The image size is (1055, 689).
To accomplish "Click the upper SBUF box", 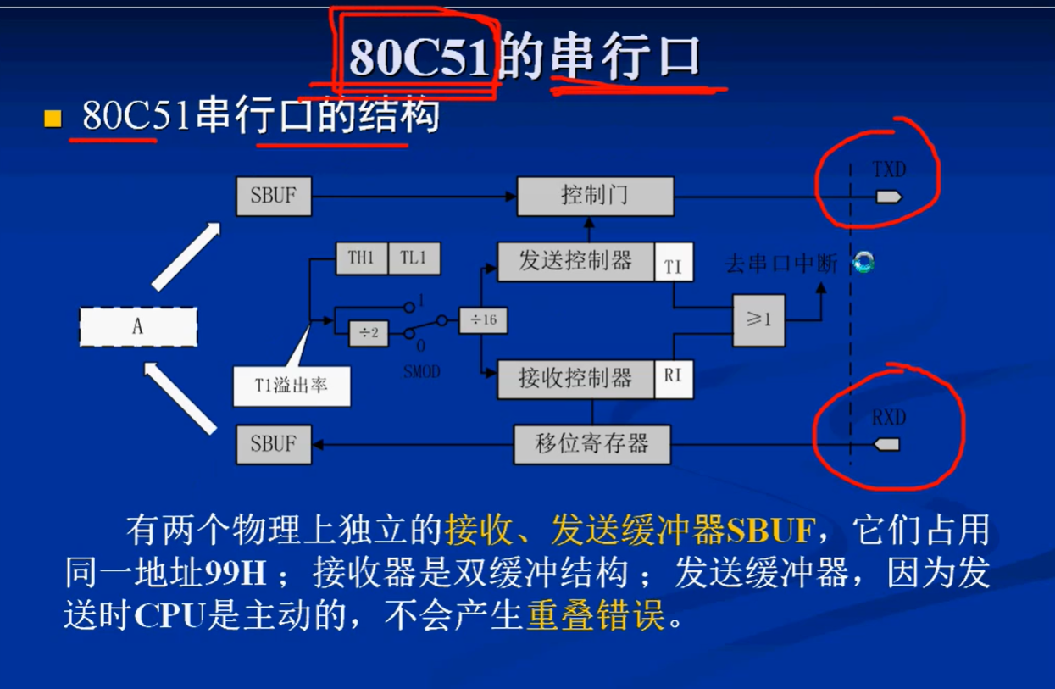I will pyautogui.click(x=274, y=196).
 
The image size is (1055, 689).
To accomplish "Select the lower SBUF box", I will pyautogui.click(x=274, y=444).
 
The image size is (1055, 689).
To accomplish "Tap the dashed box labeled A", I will pyautogui.click(x=138, y=327).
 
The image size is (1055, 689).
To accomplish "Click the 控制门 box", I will pyautogui.click(x=595, y=196).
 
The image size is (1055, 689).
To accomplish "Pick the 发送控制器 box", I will pyautogui.click(x=575, y=262).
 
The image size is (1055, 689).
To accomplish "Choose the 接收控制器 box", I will pyautogui.click(x=575, y=379).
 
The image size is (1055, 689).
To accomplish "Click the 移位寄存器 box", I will pyautogui.click(x=591, y=444).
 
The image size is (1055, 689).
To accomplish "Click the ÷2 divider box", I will pyautogui.click(x=369, y=333).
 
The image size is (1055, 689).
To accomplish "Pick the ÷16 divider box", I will pyautogui.click(x=483, y=320).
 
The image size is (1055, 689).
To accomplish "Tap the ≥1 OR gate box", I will pyautogui.click(x=758, y=320).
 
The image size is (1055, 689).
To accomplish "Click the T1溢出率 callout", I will pyautogui.click(x=292, y=386).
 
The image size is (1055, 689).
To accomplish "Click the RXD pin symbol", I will pyautogui.click(x=886, y=444).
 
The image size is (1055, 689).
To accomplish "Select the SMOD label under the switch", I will pyautogui.click(x=421, y=372).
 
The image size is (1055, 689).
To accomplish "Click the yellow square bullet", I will pyautogui.click(x=53, y=119).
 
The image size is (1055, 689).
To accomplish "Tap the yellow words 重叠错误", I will pyautogui.click(x=597, y=616).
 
